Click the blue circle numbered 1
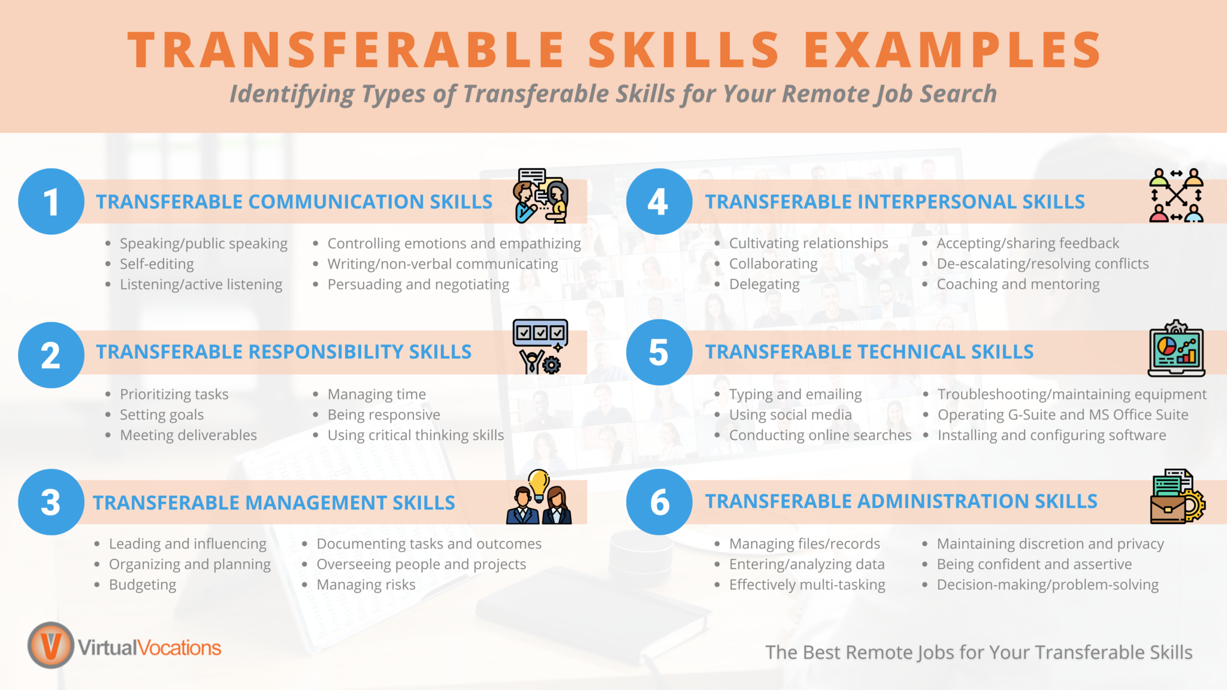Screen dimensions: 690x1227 [51, 201]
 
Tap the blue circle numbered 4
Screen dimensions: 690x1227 [658, 201]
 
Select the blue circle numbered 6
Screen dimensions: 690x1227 [658, 502]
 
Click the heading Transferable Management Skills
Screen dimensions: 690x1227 [274, 503]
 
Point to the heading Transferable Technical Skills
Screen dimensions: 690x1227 [869, 352]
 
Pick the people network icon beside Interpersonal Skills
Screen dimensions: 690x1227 [1176, 196]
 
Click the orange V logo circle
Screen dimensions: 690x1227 [51, 645]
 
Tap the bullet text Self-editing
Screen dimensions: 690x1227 [157, 264]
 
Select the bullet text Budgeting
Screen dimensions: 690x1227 [143, 585]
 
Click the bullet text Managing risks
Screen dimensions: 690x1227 [365, 585]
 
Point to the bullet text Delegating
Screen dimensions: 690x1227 [764, 285]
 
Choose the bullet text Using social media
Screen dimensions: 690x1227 [790, 414]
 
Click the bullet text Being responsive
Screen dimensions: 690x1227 [383, 414]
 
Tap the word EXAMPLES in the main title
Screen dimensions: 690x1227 [951, 50]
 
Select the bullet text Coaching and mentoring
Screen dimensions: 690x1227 [1018, 285]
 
